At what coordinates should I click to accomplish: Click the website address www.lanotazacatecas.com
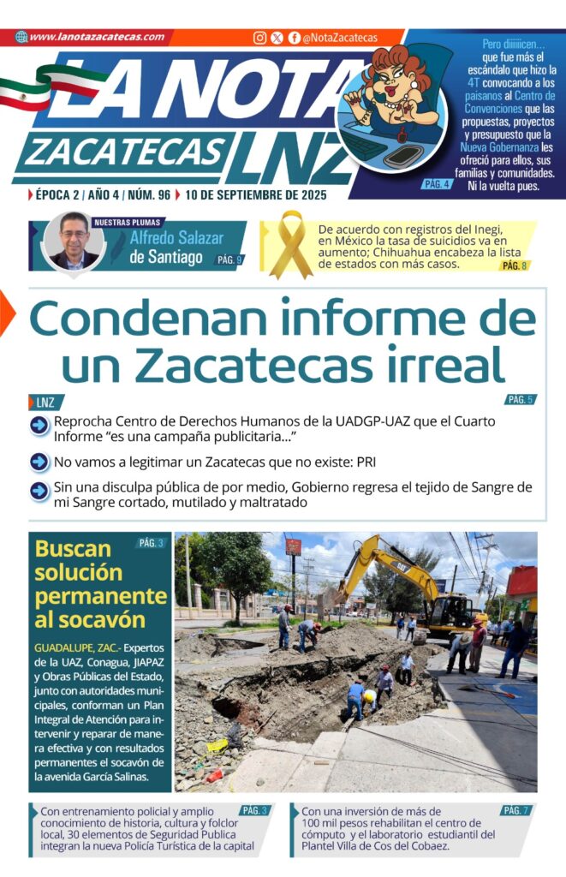[x=96, y=37]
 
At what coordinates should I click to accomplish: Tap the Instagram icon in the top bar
[x=259, y=38]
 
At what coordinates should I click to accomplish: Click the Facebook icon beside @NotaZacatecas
[x=294, y=38]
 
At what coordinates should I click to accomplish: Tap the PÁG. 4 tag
[x=436, y=184]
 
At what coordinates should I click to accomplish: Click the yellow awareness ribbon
[x=290, y=243]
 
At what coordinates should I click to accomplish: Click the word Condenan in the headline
[x=155, y=319]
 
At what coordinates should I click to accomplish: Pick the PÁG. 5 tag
[x=520, y=399]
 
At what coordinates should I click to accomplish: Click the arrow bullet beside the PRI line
[x=39, y=462]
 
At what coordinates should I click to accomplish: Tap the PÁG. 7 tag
[x=514, y=810]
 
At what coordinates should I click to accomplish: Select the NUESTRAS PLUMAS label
[x=124, y=222]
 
